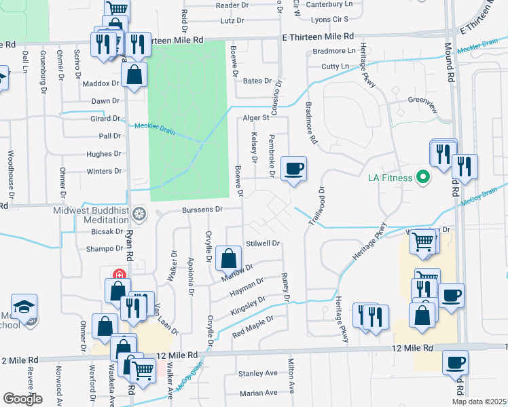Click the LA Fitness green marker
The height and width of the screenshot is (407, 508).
(x=424, y=178)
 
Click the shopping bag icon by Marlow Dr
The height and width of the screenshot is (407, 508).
(x=229, y=258)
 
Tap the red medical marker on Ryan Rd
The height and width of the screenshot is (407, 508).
(x=119, y=275)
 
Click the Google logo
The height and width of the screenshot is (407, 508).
(x=22, y=399)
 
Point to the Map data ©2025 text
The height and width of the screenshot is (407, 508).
(x=479, y=402)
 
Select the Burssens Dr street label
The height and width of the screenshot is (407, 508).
(x=202, y=210)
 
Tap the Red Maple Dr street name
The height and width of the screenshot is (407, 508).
(x=253, y=326)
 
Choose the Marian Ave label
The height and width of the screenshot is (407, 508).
(x=259, y=393)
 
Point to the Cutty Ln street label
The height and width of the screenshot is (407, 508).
(x=334, y=66)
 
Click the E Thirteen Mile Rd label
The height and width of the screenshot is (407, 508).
(x=319, y=35)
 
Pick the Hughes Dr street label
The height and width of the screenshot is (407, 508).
(x=103, y=154)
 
